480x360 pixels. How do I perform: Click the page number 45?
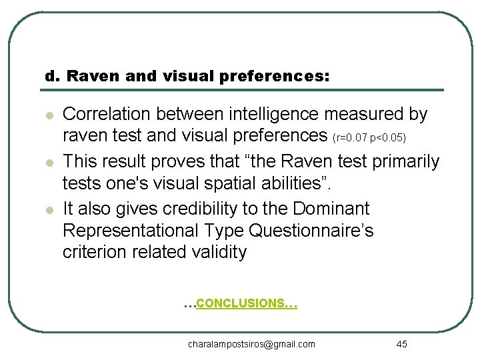401,344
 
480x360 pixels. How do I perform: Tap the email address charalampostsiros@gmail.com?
251,344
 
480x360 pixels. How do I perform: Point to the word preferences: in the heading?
283,76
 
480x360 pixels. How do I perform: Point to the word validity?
216,253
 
